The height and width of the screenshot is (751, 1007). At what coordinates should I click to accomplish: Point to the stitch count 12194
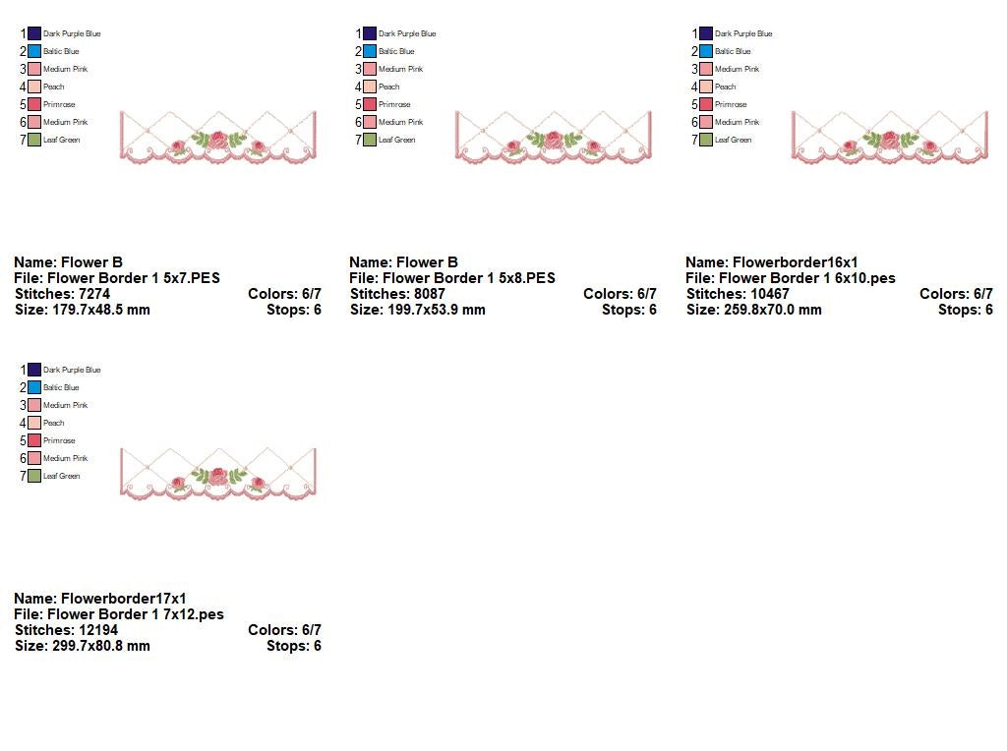coord(103,630)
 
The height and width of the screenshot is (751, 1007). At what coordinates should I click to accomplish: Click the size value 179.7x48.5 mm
coord(101,310)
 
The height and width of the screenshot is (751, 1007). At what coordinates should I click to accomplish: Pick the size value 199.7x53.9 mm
coord(438,310)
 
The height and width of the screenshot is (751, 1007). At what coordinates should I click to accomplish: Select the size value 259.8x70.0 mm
coord(774,310)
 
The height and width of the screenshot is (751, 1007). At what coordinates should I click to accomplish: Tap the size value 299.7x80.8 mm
coord(101,646)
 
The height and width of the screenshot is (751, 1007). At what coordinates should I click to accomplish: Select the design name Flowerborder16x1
coord(795,262)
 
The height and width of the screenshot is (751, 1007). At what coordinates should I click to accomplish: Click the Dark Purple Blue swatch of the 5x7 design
coord(34,33)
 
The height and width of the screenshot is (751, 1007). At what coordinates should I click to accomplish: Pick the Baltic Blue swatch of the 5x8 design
coord(370,51)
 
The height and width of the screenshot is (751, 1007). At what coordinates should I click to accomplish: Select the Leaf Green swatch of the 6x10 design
coord(706,140)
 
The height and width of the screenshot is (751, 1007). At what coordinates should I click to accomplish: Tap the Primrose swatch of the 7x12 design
coord(34,440)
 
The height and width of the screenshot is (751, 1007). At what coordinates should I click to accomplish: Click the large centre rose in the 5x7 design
coord(217,140)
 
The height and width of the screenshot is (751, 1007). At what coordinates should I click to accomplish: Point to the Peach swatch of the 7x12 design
coord(34,423)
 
